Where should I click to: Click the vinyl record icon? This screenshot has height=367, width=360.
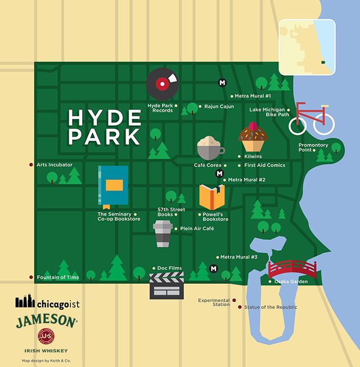[163, 84]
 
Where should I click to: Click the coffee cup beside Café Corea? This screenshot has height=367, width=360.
[210, 148]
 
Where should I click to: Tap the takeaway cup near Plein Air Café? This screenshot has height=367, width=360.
[162, 233]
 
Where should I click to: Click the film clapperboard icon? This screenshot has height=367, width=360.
[166, 286]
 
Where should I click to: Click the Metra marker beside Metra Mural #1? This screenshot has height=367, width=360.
[222, 83]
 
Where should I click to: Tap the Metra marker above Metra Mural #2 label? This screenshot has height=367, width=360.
[219, 174]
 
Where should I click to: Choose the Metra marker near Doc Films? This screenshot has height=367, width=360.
[213, 269]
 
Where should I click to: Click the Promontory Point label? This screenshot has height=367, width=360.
[313, 148]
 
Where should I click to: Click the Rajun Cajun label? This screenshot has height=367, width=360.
[218, 106]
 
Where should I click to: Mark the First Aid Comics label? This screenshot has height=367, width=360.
[264, 165]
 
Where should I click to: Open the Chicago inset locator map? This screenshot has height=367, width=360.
[307, 47]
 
